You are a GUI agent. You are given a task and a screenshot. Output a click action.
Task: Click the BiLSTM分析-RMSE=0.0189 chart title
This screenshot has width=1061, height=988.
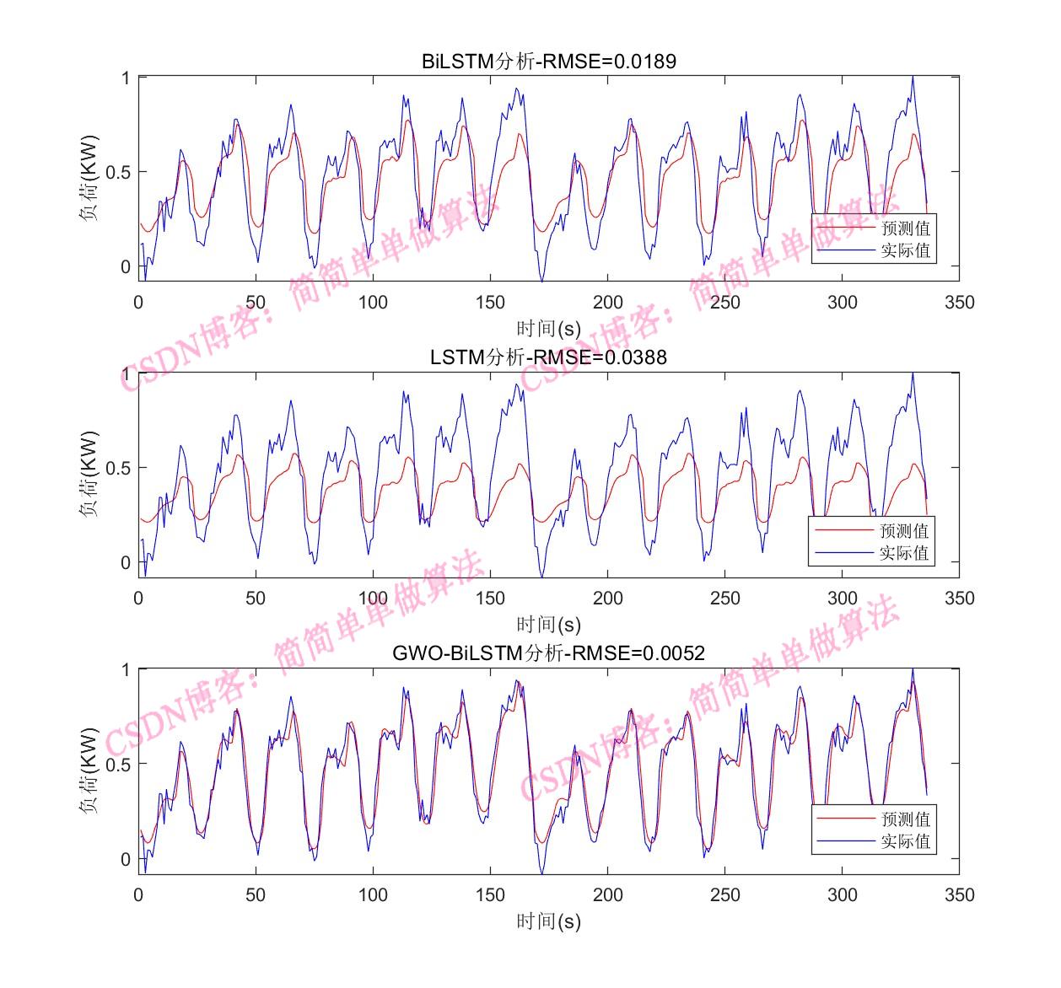pyautogui.click(x=548, y=62)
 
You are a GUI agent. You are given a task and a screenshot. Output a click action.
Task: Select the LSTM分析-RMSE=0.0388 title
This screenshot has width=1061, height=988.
pyautogui.click(x=548, y=357)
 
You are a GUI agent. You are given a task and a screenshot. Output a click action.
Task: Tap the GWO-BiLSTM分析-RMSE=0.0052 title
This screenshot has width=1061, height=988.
pyautogui.click(x=548, y=653)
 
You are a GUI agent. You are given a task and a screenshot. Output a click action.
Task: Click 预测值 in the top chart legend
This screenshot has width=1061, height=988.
pyautogui.click(x=906, y=228)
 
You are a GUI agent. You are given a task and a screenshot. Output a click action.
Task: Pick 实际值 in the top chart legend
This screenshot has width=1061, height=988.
pyautogui.click(x=906, y=250)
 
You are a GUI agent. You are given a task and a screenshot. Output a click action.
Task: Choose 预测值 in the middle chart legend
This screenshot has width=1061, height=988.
pyautogui.click(x=904, y=531)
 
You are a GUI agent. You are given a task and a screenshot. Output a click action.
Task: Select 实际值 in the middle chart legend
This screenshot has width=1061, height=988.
pyautogui.click(x=904, y=553)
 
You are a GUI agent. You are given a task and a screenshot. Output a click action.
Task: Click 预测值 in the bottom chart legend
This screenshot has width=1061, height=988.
pyautogui.click(x=906, y=819)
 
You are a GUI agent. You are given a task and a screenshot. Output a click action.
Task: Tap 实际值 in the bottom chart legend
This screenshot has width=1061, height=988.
pyautogui.click(x=906, y=841)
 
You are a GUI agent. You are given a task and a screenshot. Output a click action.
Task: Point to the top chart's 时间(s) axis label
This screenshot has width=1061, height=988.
pyautogui.click(x=548, y=329)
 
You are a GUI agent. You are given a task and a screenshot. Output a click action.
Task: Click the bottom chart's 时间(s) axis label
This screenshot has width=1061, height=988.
pyautogui.click(x=548, y=921)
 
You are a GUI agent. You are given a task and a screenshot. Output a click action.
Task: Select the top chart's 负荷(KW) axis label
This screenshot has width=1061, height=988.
pyautogui.click(x=89, y=178)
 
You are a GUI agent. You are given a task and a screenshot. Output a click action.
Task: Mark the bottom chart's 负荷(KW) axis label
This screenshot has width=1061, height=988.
pyautogui.click(x=89, y=771)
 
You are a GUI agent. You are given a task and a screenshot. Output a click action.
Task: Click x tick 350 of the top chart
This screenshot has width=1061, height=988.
pyautogui.click(x=959, y=303)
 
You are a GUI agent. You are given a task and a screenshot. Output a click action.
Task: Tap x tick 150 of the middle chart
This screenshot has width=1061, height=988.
pyautogui.click(x=490, y=599)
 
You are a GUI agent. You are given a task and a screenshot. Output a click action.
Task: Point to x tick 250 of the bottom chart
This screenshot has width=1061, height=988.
pyautogui.click(x=724, y=894)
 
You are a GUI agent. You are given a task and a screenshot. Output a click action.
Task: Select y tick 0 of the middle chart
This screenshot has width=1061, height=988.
pyautogui.click(x=125, y=562)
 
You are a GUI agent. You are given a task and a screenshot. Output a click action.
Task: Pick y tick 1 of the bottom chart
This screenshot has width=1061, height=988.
pyautogui.click(x=125, y=670)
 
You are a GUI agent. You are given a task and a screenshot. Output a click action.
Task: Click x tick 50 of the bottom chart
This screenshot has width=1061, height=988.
pyautogui.click(x=256, y=894)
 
